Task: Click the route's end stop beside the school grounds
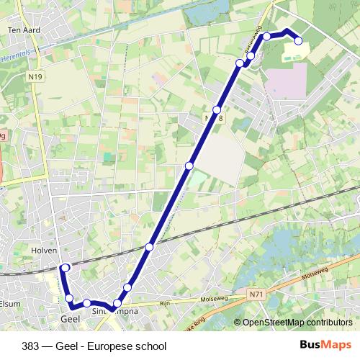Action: pyautogui.click(x=298, y=41)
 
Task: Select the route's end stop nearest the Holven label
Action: pyautogui.click(x=66, y=268)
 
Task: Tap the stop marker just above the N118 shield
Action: pyautogui.click(x=217, y=110)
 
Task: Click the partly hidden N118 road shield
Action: pyautogui.click(x=212, y=117)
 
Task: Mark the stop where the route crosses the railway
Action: pyautogui.click(x=149, y=247)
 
